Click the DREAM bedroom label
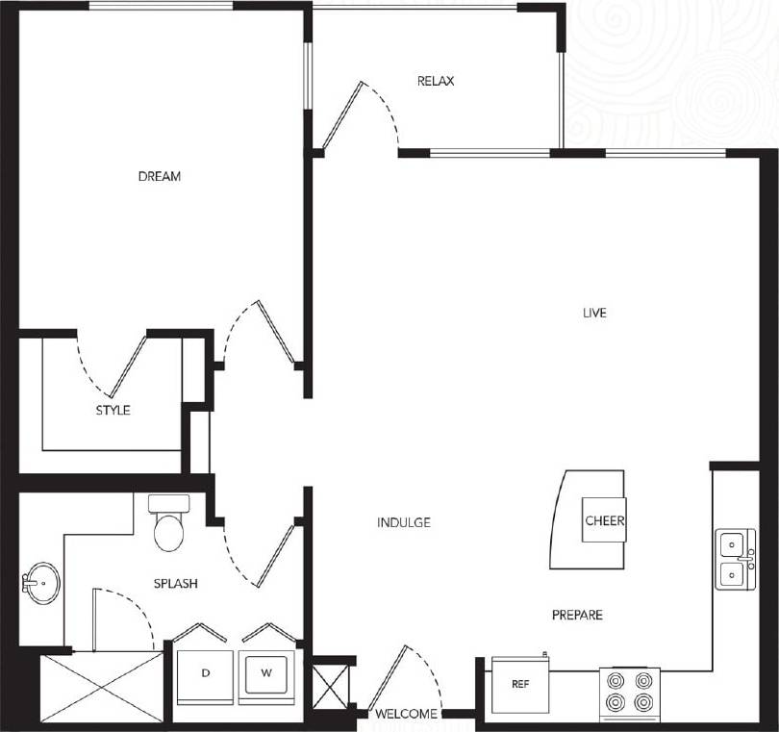[x=160, y=176]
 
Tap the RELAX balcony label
[x=436, y=81]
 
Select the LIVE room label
[x=594, y=313]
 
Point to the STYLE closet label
[x=113, y=410]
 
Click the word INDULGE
[x=404, y=522]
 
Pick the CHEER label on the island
[x=605, y=521]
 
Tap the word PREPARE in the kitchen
[x=577, y=615]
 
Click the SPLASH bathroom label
[x=176, y=583]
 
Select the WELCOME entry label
[x=407, y=714]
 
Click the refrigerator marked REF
[x=518, y=685]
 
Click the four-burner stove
[x=629, y=694]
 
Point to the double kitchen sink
[x=734, y=559]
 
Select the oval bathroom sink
[x=40, y=583]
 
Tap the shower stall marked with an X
[x=102, y=687]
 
